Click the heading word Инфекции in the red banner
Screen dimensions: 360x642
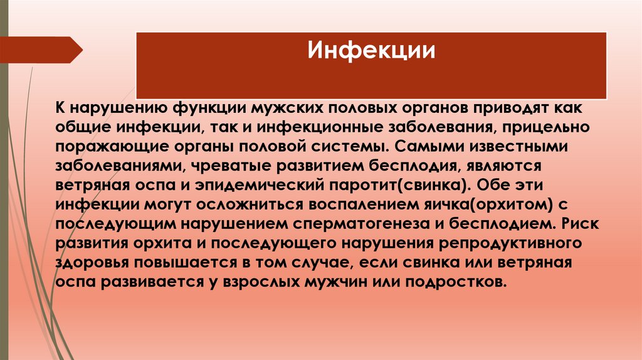pyautogui.click(x=371, y=50)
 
